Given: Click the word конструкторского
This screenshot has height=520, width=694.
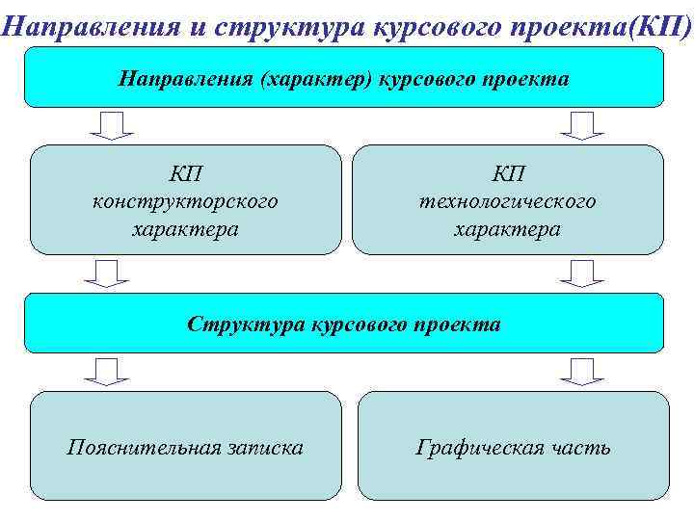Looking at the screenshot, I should pos(185,201).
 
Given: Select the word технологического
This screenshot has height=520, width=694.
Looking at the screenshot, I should pos(508,201).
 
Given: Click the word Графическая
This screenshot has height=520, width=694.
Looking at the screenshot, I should pos(480,447).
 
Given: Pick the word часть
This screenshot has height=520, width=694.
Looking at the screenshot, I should pos(580,447).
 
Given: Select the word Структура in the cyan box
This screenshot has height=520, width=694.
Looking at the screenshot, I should pos(247,324).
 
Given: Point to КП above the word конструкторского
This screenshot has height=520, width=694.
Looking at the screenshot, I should pos(185,173).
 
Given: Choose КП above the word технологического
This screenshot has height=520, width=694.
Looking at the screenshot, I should pos(508,173).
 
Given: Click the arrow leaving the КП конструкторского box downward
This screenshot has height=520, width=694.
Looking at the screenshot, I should pos(106,273).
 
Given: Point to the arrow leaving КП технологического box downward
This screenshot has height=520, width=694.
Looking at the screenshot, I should pos(581,273).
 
